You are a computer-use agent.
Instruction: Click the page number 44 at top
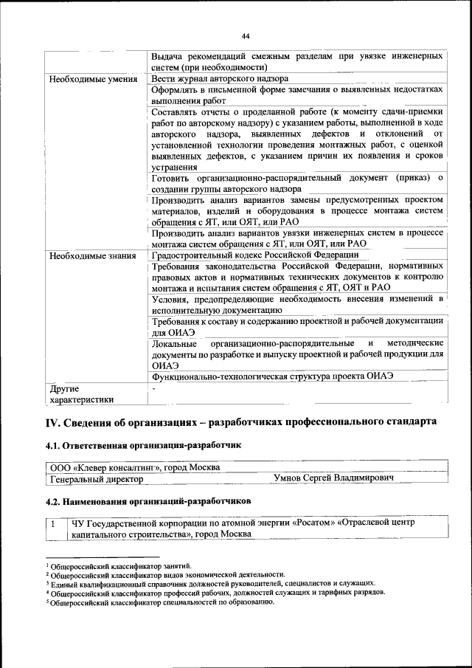tap(246, 35)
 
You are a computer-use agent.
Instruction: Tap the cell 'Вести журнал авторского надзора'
tap(219, 78)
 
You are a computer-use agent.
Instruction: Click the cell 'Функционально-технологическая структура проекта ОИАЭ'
tap(272, 376)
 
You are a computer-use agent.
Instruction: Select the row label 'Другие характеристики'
tap(81, 394)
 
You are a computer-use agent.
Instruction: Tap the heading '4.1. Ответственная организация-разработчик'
tap(143, 446)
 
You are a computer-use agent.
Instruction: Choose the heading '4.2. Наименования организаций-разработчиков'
tap(148, 500)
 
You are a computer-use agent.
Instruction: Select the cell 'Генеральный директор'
tap(96, 479)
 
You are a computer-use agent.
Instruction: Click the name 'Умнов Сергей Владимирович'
tap(333, 479)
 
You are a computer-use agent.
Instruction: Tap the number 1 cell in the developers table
tap(53, 523)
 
